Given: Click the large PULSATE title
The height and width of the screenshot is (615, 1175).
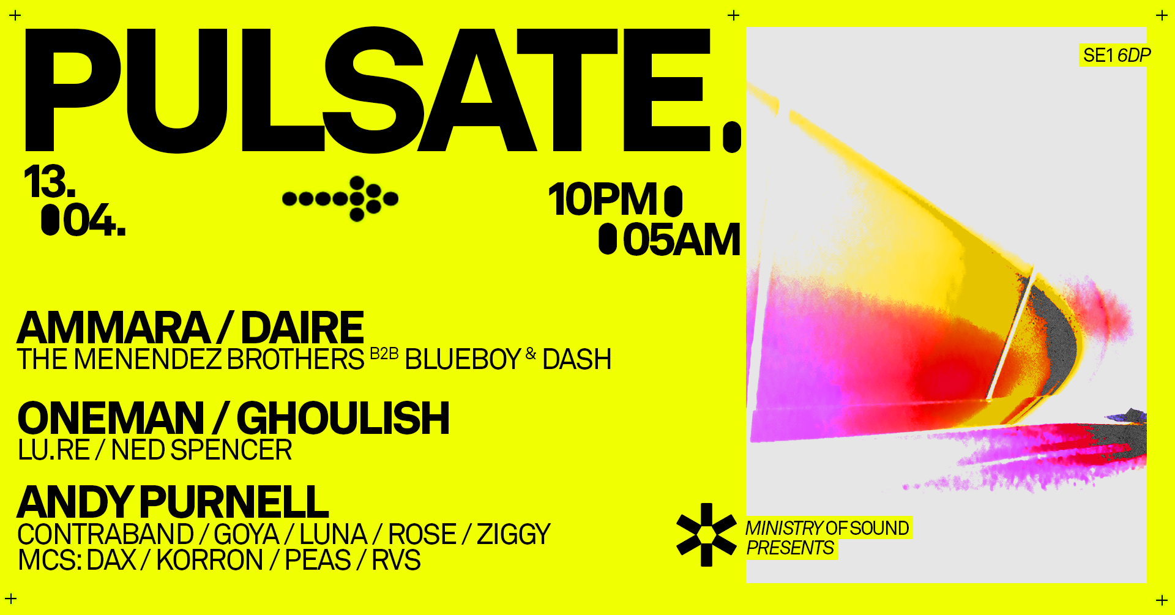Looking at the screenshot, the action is point(382,90).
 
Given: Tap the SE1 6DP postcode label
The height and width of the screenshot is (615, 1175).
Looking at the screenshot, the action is point(1117,55).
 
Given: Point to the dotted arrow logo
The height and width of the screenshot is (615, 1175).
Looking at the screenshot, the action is point(340,198).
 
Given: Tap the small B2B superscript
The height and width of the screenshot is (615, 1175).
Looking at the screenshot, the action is point(384,354).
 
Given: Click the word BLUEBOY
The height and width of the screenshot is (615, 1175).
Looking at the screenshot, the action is point(463,359).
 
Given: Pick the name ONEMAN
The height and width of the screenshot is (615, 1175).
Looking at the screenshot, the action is point(111,419).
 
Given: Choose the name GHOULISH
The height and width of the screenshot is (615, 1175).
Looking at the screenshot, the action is point(343,419).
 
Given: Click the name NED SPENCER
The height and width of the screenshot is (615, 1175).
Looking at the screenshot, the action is point(201,450).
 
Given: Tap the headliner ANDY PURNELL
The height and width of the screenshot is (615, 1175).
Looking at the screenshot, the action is point(173,502).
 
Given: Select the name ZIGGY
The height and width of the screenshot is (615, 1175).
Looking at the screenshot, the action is point(513,534).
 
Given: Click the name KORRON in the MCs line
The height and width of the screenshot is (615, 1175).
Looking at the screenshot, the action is point(210,561).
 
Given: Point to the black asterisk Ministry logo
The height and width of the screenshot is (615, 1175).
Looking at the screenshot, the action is point(706,534).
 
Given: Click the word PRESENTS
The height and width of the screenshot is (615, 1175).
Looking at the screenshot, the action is point(790,548).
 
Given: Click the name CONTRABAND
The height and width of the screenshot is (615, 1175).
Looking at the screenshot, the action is point(106,534).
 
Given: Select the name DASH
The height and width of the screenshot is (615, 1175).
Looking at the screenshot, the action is point(576,359).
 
